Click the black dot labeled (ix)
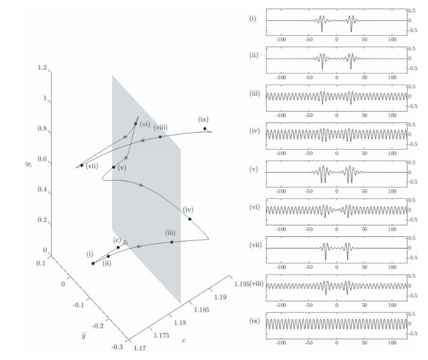pyautogui.click(x=205, y=128)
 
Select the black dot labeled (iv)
pyautogui.click(x=190, y=219)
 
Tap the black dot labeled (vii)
pyautogui.click(x=82, y=165)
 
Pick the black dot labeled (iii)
pyautogui.click(x=172, y=242)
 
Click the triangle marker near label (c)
pyautogui.click(x=125, y=242)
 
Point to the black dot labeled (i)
pyautogui.click(x=93, y=264)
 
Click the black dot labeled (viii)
pyautogui.click(x=160, y=136)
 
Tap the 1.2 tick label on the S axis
pyautogui.click(x=42, y=67)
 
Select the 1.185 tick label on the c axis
pyautogui.click(x=202, y=310)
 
